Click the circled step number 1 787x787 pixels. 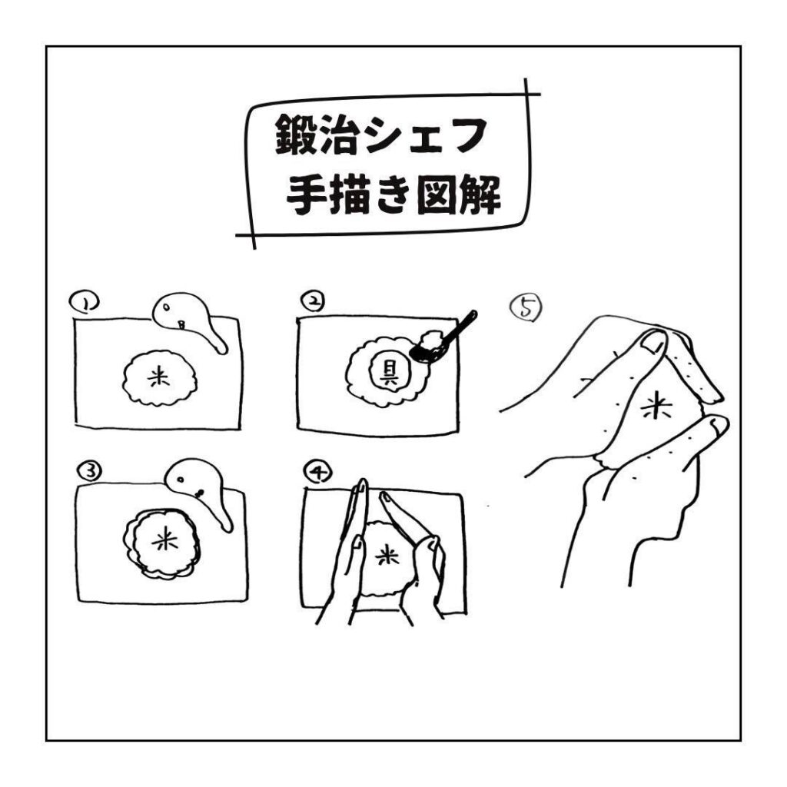coord(85,303)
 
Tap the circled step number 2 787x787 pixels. coord(313,301)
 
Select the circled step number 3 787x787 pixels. coord(90,471)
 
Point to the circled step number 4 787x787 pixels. coord(317,473)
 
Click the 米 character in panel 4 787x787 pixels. coord(387,556)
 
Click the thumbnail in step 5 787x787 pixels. coord(653,344)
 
